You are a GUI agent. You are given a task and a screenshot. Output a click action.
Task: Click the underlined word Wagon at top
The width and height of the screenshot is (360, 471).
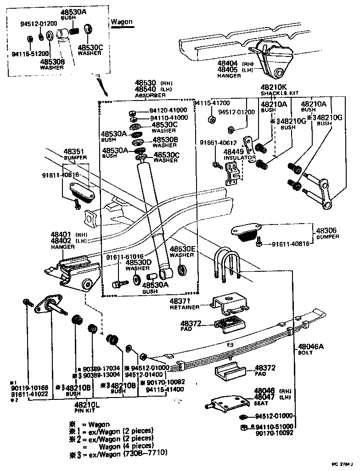[x=122, y=22]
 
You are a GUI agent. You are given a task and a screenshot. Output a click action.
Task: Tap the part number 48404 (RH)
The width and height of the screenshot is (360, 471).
[x=227, y=63]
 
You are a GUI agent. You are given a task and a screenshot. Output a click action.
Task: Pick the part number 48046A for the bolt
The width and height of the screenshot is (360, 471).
[x=311, y=347]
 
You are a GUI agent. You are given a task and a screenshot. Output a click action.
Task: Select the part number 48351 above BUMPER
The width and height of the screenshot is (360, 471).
[x=73, y=151]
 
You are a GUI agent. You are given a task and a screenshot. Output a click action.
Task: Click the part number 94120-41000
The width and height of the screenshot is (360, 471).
[x=168, y=110]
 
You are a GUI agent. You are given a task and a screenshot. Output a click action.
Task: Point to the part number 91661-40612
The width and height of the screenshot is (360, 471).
[x=218, y=143]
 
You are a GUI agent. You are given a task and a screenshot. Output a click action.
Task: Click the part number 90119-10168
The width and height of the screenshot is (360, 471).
[x=27, y=387]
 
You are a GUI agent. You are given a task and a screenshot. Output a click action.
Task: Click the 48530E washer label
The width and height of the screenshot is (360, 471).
[x=183, y=249]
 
